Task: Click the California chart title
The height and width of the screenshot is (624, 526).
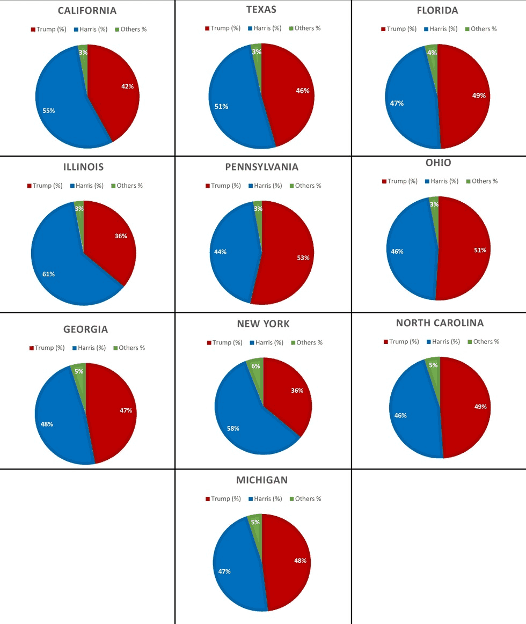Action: click(87, 11)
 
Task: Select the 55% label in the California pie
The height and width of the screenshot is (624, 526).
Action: click(49, 111)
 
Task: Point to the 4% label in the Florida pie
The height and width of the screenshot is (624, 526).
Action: click(432, 53)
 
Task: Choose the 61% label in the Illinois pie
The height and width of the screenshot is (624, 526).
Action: click(49, 274)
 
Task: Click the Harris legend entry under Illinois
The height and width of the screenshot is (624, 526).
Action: click(87, 186)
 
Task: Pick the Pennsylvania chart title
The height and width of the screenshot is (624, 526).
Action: click(261, 167)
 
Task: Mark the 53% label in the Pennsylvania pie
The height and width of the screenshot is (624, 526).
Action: click(303, 258)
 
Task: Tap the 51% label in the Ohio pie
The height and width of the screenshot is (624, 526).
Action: click(480, 251)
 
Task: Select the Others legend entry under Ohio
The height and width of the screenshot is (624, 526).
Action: click(482, 181)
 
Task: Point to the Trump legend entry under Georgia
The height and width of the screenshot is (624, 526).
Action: click(47, 348)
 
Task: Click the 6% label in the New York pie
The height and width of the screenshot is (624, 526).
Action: click(255, 366)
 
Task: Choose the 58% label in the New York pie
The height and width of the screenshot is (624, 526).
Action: click(233, 429)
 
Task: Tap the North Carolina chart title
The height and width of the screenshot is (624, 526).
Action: click(440, 323)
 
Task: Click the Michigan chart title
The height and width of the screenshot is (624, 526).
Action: click(262, 480)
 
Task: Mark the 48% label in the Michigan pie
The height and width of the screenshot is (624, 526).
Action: click(300, 561)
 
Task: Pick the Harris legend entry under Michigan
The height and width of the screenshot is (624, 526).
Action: click(265, 498)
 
